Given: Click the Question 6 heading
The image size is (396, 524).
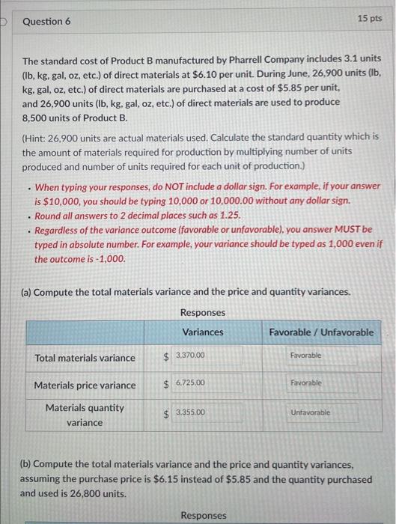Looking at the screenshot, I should point(46,22).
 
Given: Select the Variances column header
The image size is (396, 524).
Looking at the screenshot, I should point(202,332).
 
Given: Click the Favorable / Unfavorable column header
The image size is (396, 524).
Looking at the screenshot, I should point(321,332).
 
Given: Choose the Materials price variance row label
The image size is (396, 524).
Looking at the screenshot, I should point(85,386).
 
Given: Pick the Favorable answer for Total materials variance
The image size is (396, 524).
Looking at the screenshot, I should point(306,355).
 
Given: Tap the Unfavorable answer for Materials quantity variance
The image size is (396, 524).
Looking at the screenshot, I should point(310,412).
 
